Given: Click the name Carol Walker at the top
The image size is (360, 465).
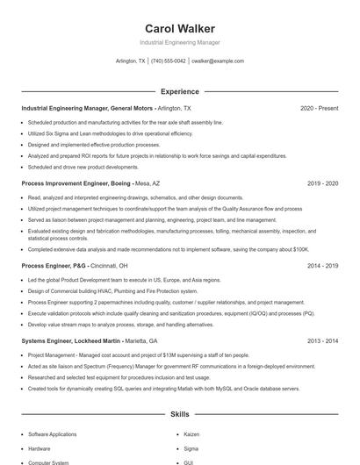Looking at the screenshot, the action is coord(179,29).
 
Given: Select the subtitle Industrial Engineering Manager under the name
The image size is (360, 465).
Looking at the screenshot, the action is coord(179,42).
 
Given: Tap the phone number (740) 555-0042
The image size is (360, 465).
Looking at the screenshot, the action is coord(168,61).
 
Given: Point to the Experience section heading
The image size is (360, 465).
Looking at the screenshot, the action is coord(179,91).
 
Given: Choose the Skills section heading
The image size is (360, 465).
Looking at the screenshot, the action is coord(179,413).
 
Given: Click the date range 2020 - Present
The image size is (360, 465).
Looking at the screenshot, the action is coord(319,108).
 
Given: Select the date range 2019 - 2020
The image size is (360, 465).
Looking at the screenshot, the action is coord(322,184).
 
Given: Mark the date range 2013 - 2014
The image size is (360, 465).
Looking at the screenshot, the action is coord(322,340).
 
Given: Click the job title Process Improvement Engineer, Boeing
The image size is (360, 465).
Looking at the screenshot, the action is coord(76,184).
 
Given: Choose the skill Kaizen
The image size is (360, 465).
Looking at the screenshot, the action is coord(192,433).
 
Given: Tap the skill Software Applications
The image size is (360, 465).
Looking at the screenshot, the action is coord(52,433).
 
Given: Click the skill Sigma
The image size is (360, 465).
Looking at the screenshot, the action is coord(191,447).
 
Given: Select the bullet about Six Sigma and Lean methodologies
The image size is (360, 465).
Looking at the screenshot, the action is coord(110,133).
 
